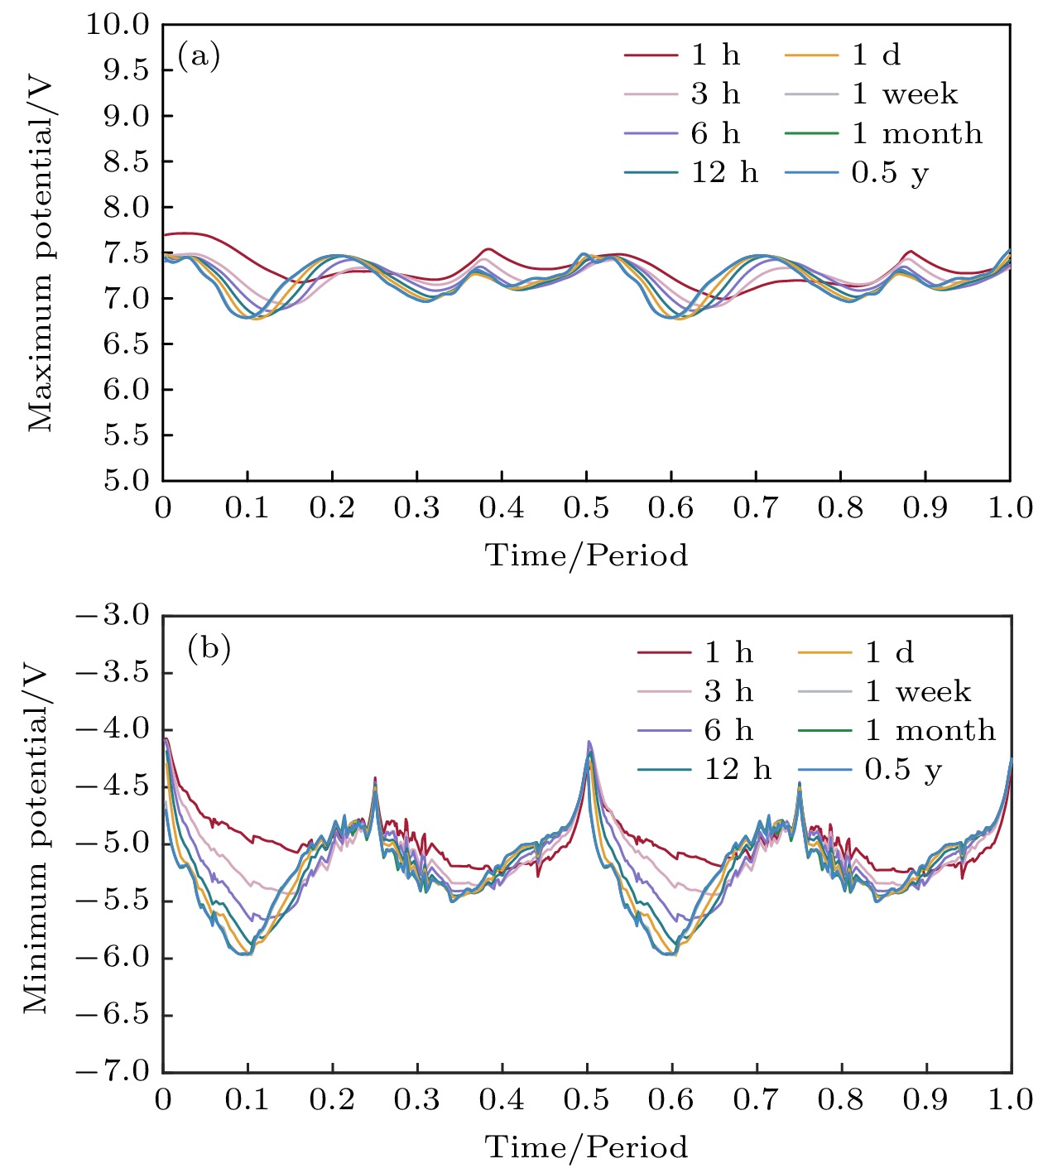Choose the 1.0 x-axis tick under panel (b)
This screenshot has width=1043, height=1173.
click(x=1010, y=1099)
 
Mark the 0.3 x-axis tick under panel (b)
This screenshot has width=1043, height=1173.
click(x=416, y=1099)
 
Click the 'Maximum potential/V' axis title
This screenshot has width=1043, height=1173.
click(x=40, y=253)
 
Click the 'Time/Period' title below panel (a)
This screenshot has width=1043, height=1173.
click(x=586, y=555)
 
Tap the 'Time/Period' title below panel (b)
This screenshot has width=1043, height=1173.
click(x=586, y=1147)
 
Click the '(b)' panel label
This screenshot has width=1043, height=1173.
click(x=209, y=647)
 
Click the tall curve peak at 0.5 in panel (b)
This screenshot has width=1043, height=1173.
click(x=589, y=743)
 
